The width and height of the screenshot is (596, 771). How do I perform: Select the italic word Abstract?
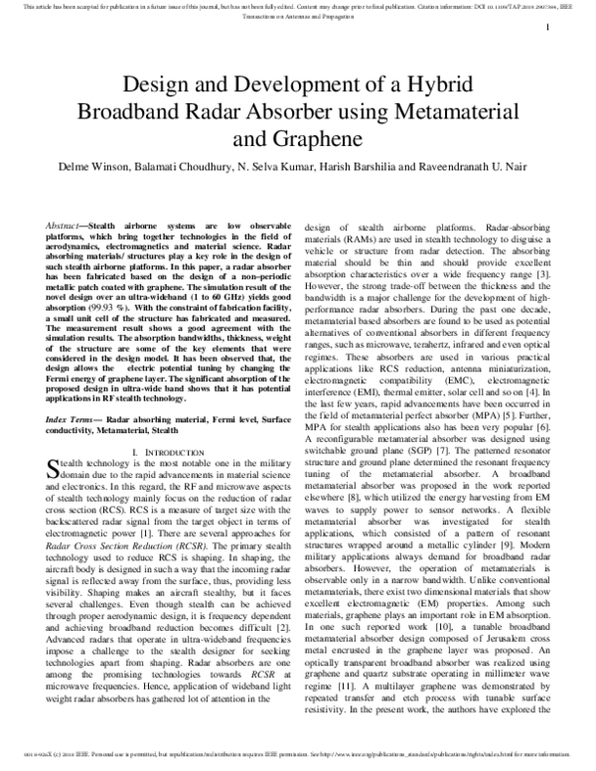[67, 229]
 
